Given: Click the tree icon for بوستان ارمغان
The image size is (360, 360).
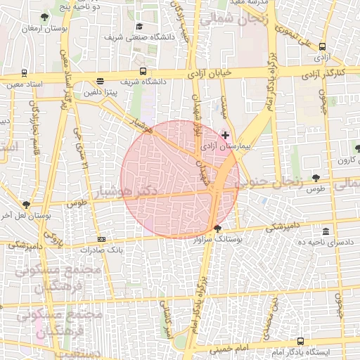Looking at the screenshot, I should coord(45,16).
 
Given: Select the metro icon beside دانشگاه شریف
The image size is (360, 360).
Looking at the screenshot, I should coord(143,71).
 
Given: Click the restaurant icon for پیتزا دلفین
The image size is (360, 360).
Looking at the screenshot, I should coord(101,82).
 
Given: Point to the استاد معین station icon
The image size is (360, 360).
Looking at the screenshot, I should coord(25,72).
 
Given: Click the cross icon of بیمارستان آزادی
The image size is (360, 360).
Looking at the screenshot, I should coord(225,135).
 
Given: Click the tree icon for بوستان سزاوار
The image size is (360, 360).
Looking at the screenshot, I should coord(217,228).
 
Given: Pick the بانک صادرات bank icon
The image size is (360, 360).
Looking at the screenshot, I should coord(101,240).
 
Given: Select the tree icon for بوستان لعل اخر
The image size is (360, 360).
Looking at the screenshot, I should coord(26,205).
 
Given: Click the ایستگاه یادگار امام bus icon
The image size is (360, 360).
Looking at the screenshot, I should coord(302,340).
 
